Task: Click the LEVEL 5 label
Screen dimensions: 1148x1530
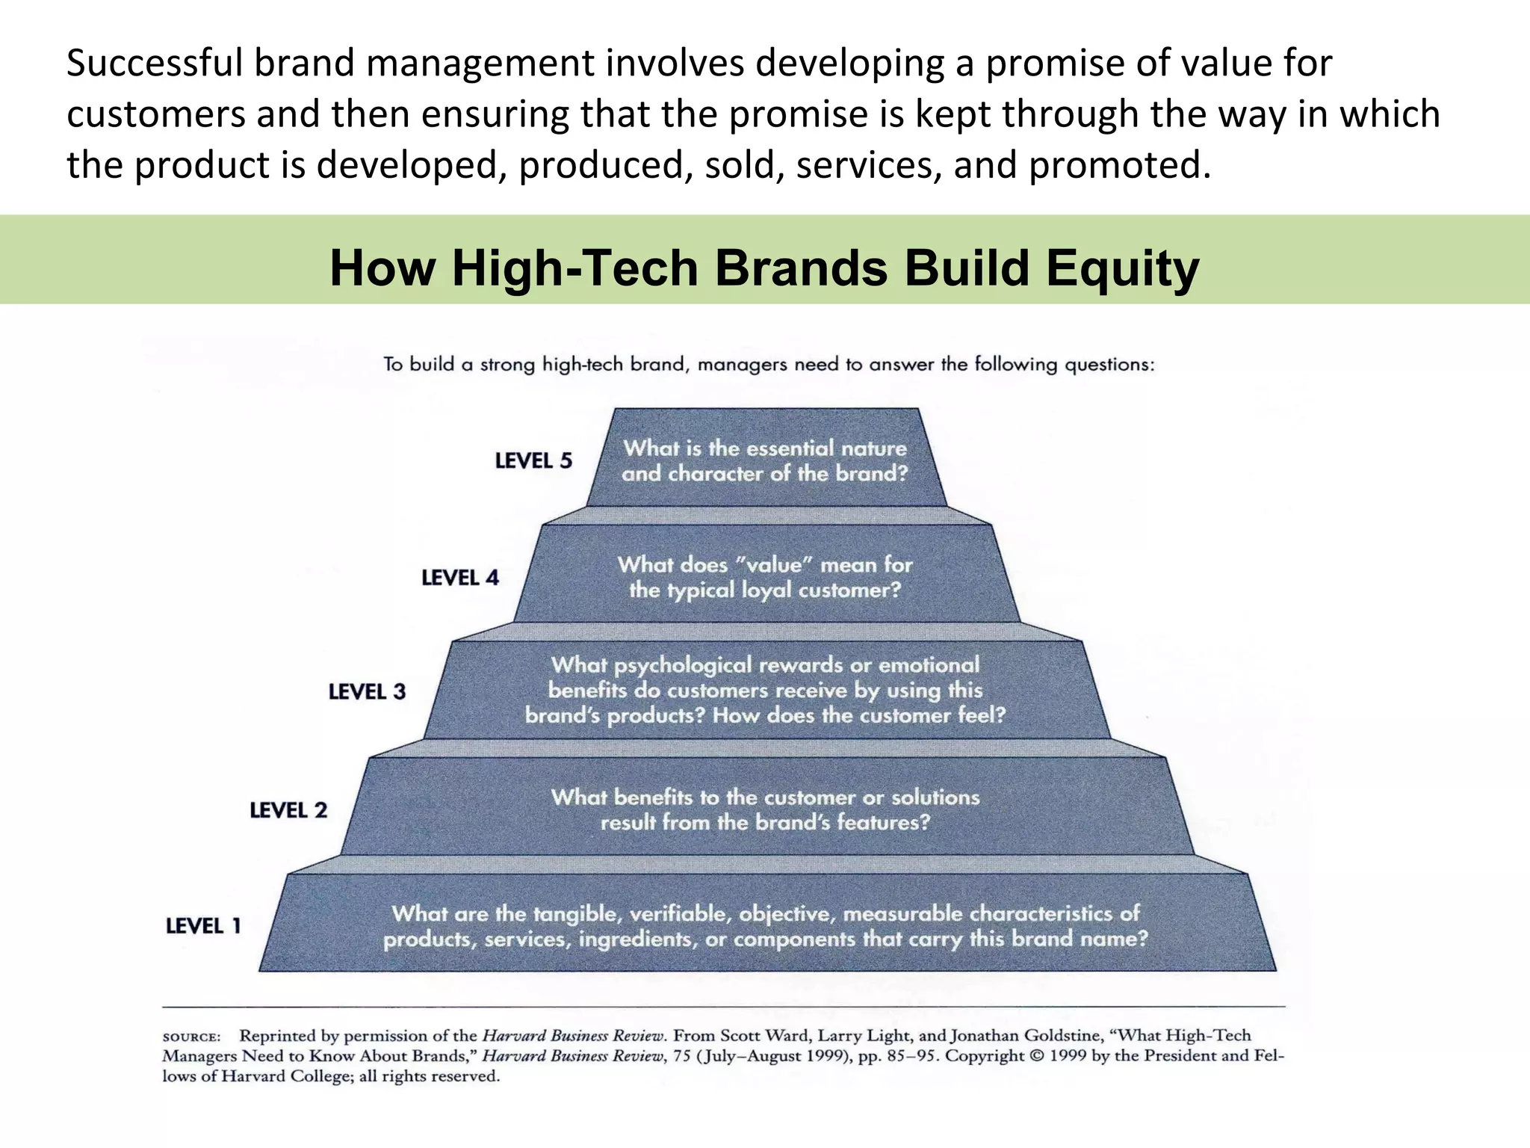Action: (533, 460)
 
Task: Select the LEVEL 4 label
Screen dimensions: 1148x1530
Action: (459, 578)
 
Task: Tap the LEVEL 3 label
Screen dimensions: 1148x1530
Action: (367, 692)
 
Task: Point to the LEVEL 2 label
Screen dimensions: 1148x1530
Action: (288, 810)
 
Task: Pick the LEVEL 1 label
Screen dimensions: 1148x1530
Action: (203, 926)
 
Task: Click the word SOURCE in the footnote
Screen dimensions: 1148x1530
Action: (191, 1037)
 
